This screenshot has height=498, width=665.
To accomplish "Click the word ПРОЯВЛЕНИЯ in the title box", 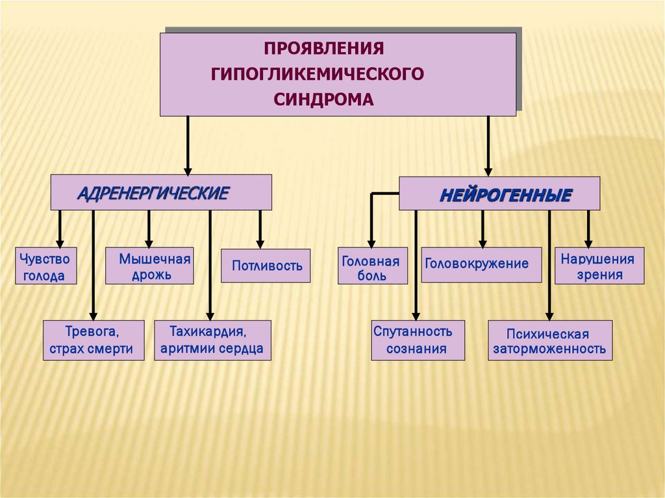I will point(324,49).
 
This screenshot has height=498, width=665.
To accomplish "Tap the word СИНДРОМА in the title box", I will point(323,99).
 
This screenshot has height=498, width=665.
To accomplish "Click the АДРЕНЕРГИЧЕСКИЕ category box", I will point(161,192).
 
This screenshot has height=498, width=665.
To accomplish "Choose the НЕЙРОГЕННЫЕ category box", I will point(499,193).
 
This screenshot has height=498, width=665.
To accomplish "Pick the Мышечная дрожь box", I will point(149,266).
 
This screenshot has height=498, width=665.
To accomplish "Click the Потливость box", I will point(266,266).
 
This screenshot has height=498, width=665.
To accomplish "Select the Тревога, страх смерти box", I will point(94,340).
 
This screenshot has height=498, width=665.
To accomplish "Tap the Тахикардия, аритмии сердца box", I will point(212,340).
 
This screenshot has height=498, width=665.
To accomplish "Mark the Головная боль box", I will point(373,266).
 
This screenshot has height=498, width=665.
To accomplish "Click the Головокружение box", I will point(481,264).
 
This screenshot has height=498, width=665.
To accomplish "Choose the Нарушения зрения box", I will point(599,266).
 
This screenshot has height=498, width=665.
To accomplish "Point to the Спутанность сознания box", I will point(418,340).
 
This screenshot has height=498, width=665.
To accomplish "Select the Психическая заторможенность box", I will point(549,340).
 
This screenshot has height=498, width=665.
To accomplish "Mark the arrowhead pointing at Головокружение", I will point(482,242).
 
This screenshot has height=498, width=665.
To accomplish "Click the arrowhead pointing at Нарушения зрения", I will point(588,242).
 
